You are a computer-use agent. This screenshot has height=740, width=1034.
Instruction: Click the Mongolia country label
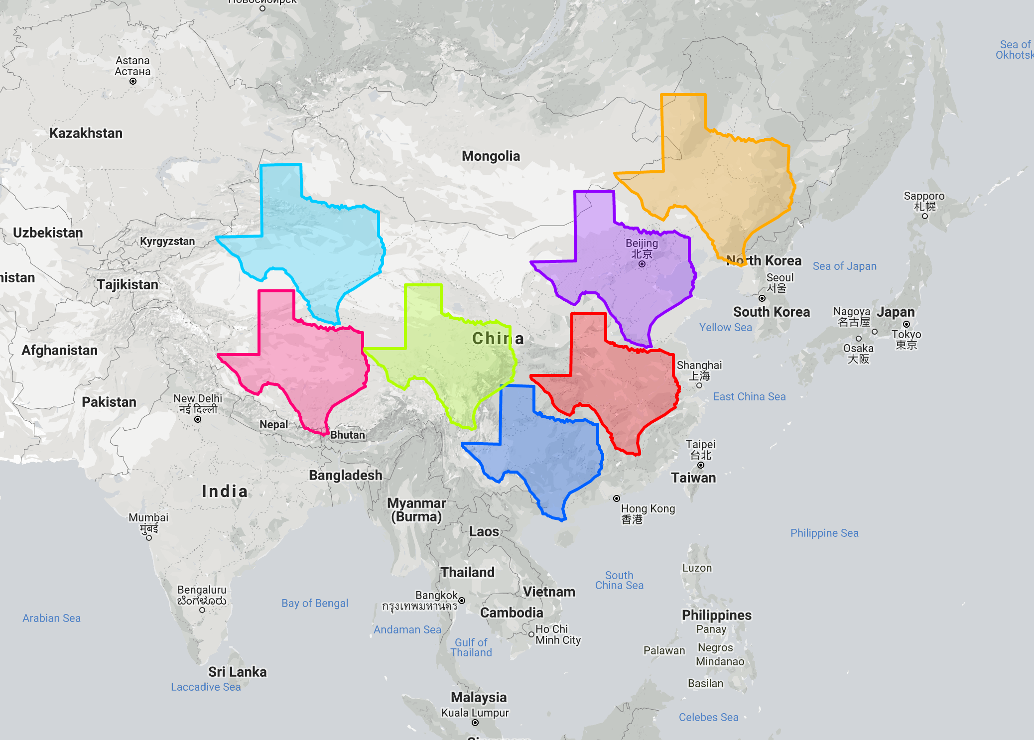coord(491,156)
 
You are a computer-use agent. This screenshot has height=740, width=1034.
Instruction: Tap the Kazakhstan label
coord(86,133)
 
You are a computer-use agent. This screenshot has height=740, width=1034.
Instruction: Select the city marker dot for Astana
coord(133,81)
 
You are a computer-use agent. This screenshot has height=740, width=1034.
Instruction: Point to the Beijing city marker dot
coord(642,264)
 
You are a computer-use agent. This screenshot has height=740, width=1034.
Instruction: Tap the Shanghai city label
coord(699,366)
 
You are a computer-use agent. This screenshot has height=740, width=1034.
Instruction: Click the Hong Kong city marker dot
coord(617,498)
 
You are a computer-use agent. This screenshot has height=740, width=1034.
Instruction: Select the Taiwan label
coord(693,478)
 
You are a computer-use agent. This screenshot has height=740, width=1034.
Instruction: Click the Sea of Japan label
coord(844,266)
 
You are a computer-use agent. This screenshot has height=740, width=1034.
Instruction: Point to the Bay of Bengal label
coord(315,604)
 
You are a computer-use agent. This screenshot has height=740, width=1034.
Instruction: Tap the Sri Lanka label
coord(237,672)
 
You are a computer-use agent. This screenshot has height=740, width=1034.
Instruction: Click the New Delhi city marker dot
coord(198,419)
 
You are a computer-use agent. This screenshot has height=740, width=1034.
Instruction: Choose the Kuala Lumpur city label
coord(475,713)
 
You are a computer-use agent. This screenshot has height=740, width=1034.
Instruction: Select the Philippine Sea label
coord(824,533)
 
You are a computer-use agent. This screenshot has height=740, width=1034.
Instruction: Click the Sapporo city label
coord(924,196)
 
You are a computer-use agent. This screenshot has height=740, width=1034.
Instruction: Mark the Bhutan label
coord(348,435)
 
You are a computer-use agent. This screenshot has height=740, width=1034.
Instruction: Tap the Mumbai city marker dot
coord(149,538)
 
